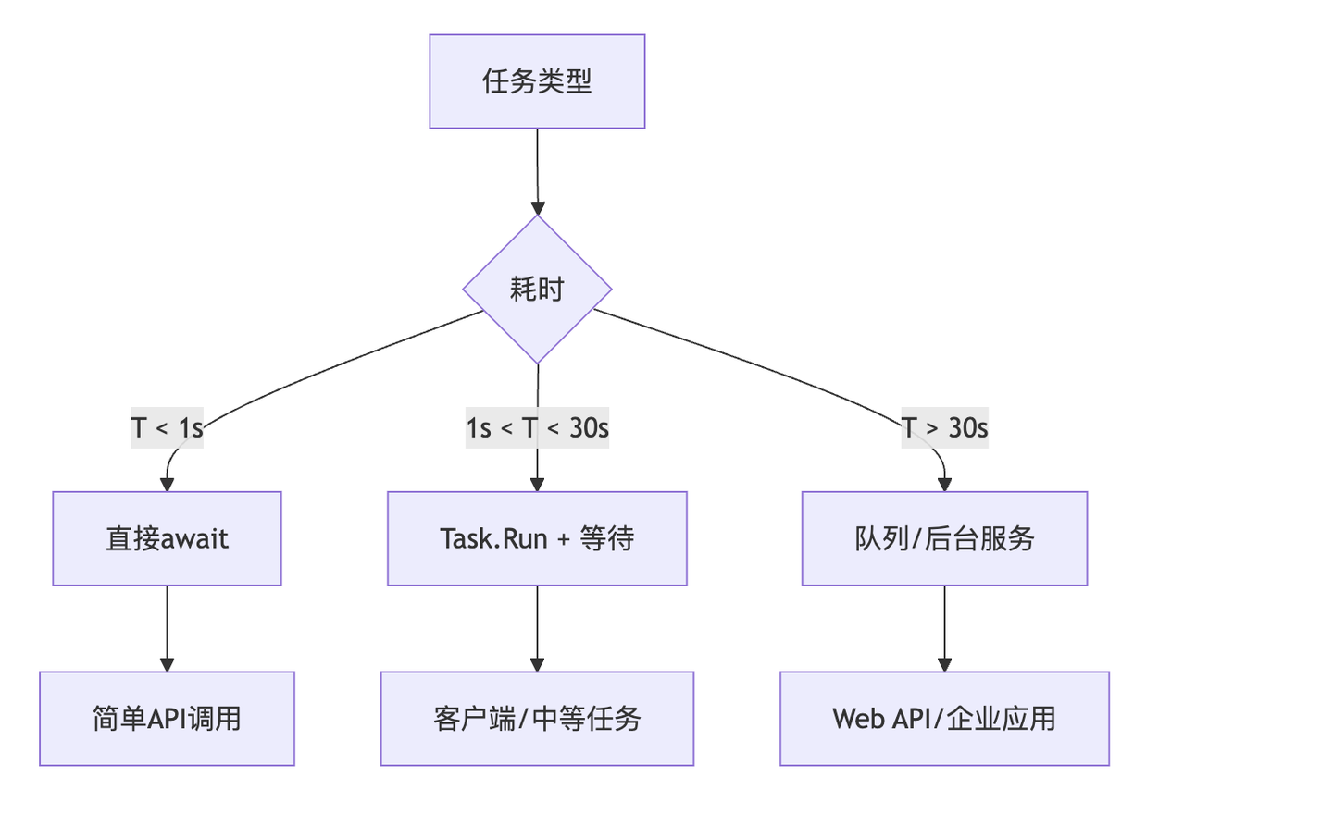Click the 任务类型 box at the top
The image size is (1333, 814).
[537, 81]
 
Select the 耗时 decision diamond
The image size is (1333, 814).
[537, 290]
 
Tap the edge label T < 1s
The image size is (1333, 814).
[167, 428]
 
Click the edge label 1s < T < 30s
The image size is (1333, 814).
[537, 428]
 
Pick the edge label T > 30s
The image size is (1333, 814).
[944, 428]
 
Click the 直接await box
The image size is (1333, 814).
[167, 538]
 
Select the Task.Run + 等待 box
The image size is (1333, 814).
[537, 538]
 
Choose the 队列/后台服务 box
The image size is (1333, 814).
[944, 538]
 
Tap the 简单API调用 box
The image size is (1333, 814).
[167, 719]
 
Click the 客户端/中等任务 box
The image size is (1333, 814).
[537, 719]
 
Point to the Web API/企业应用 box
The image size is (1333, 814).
[944, 719]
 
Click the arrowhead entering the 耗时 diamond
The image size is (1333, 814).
[537, 208]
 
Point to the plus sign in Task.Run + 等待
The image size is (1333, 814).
[564, 539]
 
